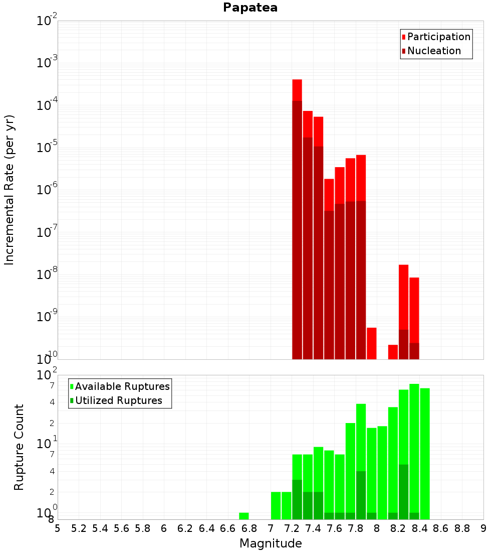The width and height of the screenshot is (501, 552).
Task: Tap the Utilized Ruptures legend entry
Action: click(118, 400)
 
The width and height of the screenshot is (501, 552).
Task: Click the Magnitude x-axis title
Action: click(271, 543)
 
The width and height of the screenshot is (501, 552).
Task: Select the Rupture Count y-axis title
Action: click(19, 447)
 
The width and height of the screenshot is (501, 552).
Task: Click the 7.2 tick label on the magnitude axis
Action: click(292, 528)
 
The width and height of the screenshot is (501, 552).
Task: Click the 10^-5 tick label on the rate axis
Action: click(48, 148)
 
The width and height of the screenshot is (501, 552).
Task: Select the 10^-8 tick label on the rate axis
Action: click(48, 274)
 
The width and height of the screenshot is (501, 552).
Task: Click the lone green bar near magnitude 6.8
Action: click(244, 516)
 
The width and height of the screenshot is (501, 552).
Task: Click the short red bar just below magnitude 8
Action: click(372, 343)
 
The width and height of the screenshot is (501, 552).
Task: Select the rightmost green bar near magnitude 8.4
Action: click(425, 452)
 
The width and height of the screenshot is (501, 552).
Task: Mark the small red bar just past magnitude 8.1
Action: click(393, 352)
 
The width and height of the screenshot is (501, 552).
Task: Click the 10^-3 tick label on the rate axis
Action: click(48, 63)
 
